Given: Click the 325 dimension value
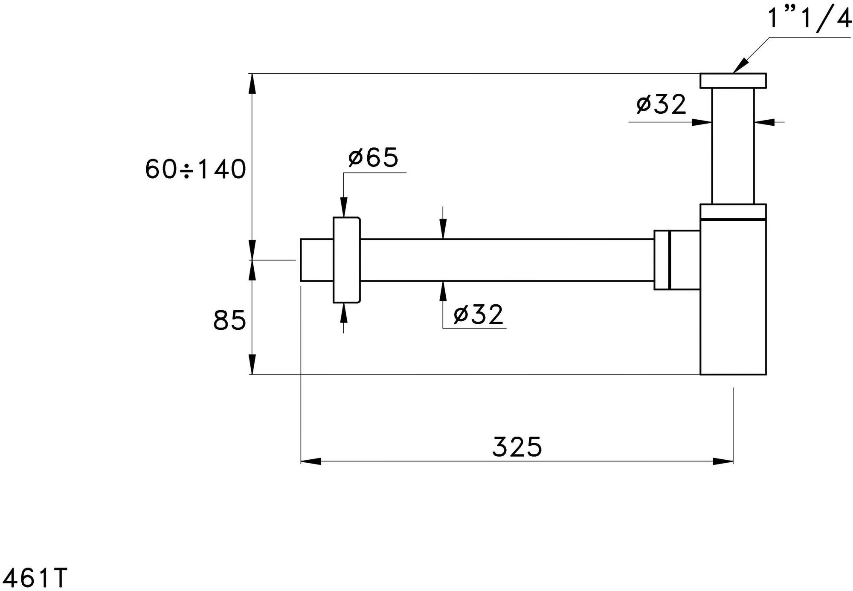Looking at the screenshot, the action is [517, 447].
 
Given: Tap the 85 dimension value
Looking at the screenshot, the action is [229, 320].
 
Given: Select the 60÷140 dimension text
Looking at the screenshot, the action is [196, 169].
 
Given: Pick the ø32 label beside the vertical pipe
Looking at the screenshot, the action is [662, 104].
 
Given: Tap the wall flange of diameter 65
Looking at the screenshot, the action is [347, 260].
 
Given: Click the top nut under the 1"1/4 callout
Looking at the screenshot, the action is [733, 81].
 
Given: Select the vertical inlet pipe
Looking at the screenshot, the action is [733, 146].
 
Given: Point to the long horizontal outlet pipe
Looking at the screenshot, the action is [507, 260].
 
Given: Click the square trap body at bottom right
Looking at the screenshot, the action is [733, 297].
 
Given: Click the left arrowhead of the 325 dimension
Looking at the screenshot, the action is [311, 461].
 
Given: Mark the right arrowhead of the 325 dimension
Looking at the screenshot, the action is [723, 461].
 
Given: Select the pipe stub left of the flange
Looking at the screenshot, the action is [317, 260].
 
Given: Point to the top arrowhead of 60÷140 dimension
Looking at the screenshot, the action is [252, 84].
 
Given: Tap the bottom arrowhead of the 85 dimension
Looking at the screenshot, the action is [252, 365].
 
